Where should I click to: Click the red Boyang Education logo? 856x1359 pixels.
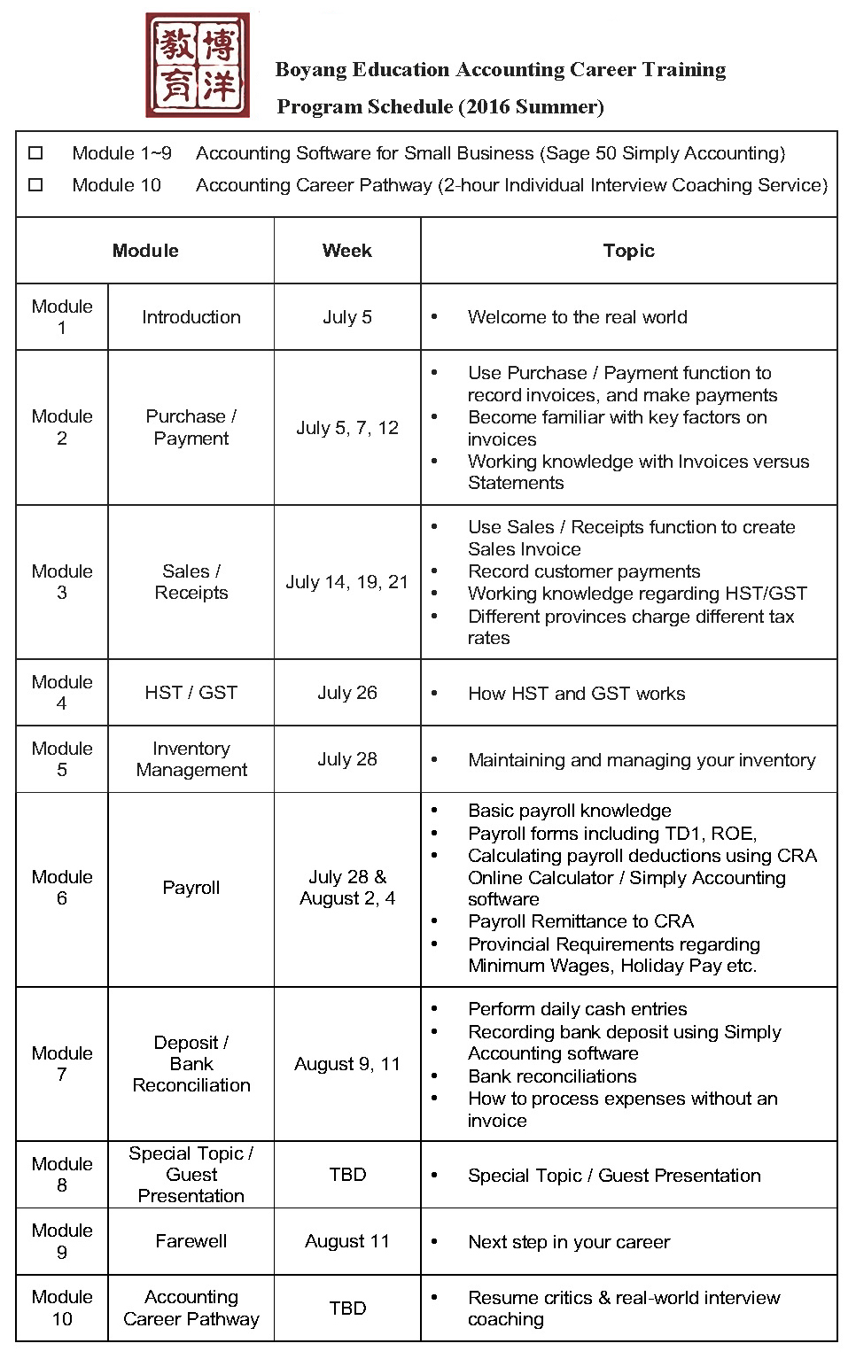coord(198,65)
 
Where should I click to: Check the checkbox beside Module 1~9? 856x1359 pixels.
coord(35,153)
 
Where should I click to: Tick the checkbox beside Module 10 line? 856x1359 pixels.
coord(35,185)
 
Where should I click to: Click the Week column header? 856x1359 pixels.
coord(346,251)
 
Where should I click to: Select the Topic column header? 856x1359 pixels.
coord(628,251)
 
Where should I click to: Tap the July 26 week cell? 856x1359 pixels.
coord(346,693)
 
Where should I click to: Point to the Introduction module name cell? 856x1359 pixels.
coord(191,317)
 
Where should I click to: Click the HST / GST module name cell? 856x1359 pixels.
coord(191,693)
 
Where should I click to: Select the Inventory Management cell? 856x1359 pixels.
coord(191,759)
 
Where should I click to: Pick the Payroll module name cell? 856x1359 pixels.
coord(191,888)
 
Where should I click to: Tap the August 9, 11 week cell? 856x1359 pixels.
coord(346,1064)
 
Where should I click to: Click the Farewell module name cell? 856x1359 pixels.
coord(191,1241)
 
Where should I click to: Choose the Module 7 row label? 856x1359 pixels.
coord(62,1064)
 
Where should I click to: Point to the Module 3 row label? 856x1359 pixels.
coord(62,582)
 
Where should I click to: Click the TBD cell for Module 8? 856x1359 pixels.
coord(346,1175)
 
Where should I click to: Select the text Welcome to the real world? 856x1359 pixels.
coord(577,317)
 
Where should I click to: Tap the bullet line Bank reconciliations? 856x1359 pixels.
coord(552,1076)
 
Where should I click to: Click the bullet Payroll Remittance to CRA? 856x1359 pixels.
coord(580,921)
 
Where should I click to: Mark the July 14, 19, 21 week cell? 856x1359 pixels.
coord(346,582)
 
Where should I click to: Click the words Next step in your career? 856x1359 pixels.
coord(569,1242)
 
